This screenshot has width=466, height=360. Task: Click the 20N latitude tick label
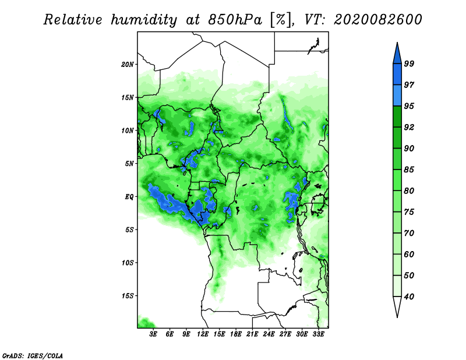(128, 64)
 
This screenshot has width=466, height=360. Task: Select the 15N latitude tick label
(128, 97)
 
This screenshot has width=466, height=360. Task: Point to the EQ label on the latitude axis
(129, 196)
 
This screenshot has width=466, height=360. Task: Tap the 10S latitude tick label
(128, 263)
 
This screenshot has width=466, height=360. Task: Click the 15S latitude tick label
(128, 296)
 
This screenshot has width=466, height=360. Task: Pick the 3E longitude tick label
(154, 335)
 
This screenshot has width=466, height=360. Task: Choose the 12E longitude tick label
(203, 335)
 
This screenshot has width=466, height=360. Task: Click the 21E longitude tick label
(253, 335)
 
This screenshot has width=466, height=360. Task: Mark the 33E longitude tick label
(319, 335)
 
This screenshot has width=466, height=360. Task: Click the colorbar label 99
(409, 63)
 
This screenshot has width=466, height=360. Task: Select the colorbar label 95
(409, 105)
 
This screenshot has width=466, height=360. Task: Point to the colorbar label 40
(409, 297)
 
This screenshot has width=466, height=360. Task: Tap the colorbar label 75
(409, 212)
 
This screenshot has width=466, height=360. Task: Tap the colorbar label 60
(409, 254)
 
